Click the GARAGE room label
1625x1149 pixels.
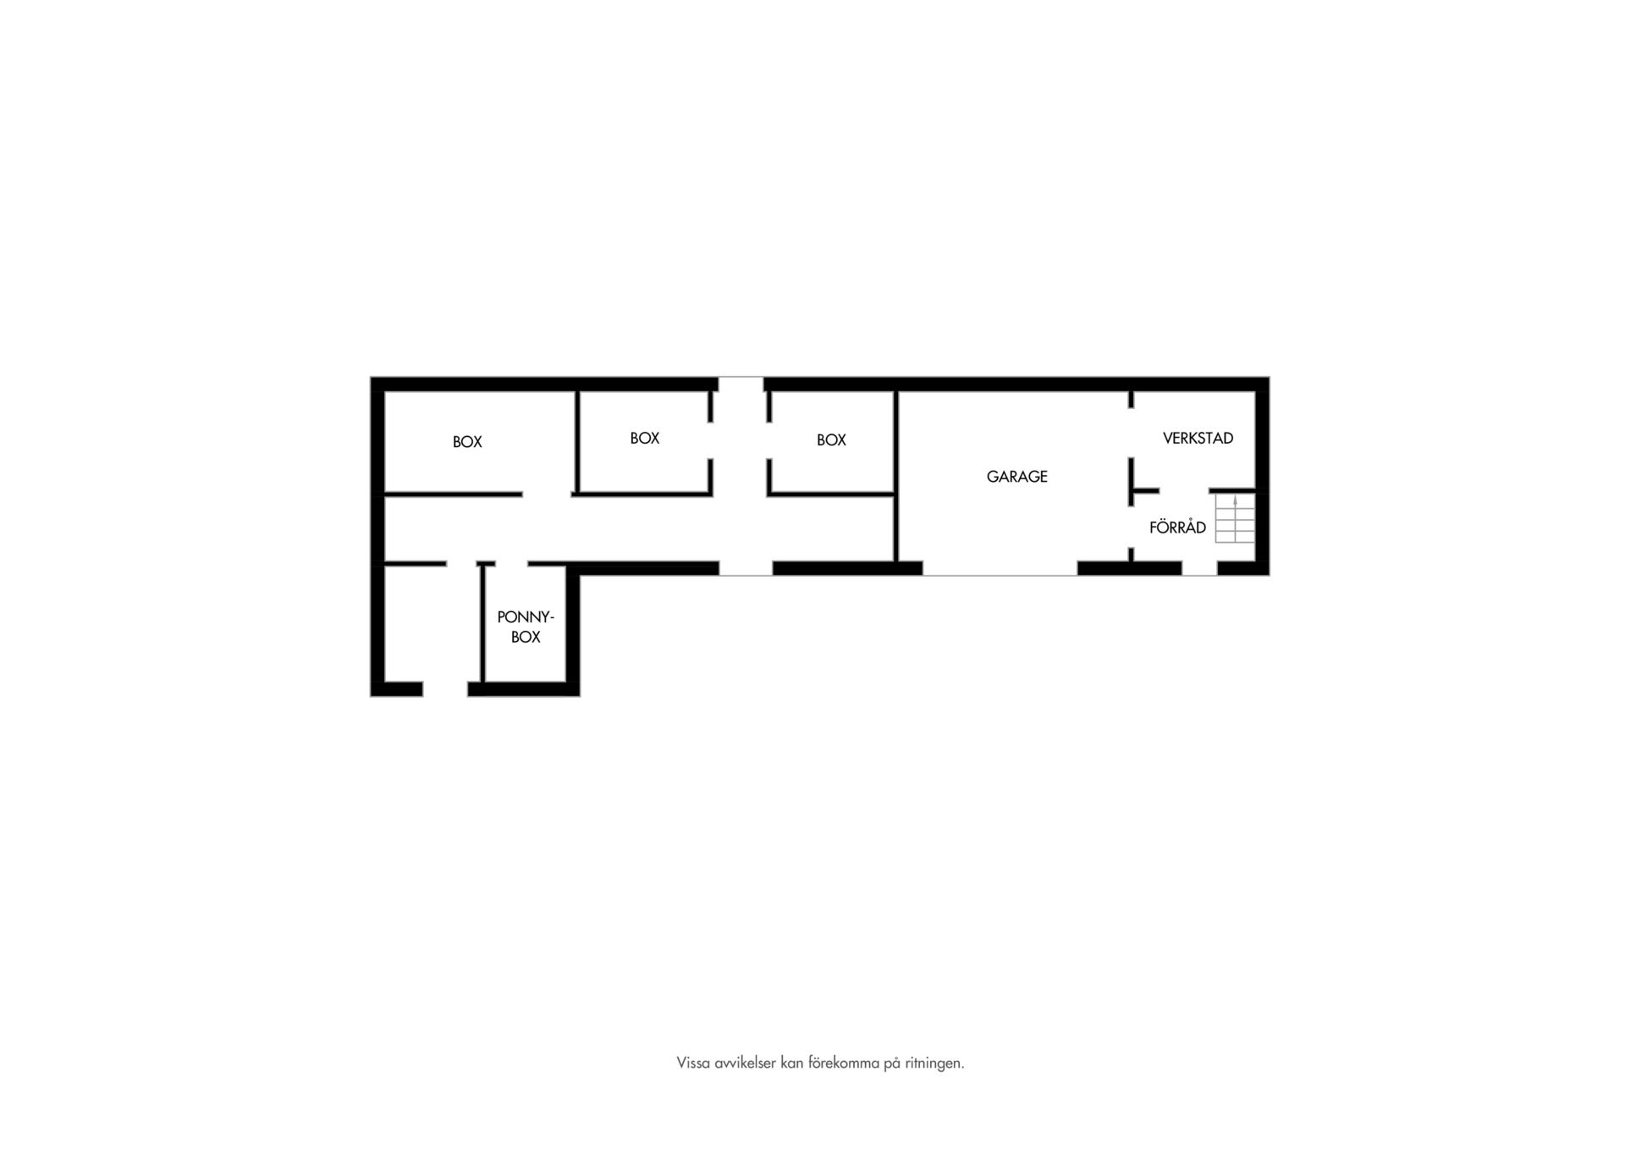(x=1016, y=477)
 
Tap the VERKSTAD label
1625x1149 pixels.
(x=1198, y=439)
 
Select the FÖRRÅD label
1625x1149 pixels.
(x=1177, y=528)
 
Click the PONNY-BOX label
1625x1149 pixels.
(x=526, y=627)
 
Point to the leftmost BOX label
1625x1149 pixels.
(x=467, y=442)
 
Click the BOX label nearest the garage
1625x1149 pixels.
(x=831, y=440)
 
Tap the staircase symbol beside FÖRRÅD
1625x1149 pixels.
(x=1235, y=518)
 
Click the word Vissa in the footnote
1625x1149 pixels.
(x=692, y=1063)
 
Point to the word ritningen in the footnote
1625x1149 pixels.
(x=934, y=1063)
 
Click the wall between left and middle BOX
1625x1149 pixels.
(x=577, y=442)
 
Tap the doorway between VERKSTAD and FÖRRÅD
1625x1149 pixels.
(x=1184, y=491)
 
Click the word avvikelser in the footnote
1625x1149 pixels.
(x=743, y=1063)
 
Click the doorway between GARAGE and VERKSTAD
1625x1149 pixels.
(x=1132, y=433)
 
